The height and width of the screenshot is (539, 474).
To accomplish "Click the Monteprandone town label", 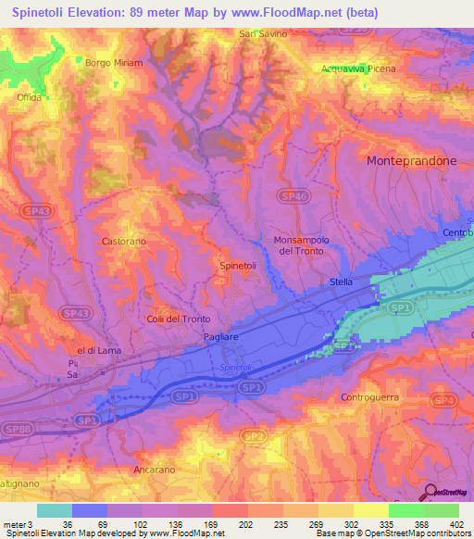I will tap(412, 160).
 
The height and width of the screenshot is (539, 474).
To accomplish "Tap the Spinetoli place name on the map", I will tap(238, 266).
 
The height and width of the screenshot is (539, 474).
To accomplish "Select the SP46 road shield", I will tap(293, 195).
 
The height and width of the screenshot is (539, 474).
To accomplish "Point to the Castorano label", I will tap(123, 241).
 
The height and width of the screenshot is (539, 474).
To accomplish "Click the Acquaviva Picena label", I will tap(358, 69).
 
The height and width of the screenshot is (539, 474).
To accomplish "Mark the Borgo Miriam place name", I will tap(114, 63).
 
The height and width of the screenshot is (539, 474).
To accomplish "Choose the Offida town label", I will tap(31, 96).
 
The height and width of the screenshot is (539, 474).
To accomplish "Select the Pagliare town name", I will tap(222, 340).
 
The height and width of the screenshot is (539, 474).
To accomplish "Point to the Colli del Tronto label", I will tap(180, 320).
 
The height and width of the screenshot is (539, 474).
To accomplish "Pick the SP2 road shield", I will tap(251, 434).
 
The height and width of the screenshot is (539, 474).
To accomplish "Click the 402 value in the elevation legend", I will tap(454, 524).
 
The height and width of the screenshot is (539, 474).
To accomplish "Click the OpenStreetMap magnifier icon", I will tap(429, 494).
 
